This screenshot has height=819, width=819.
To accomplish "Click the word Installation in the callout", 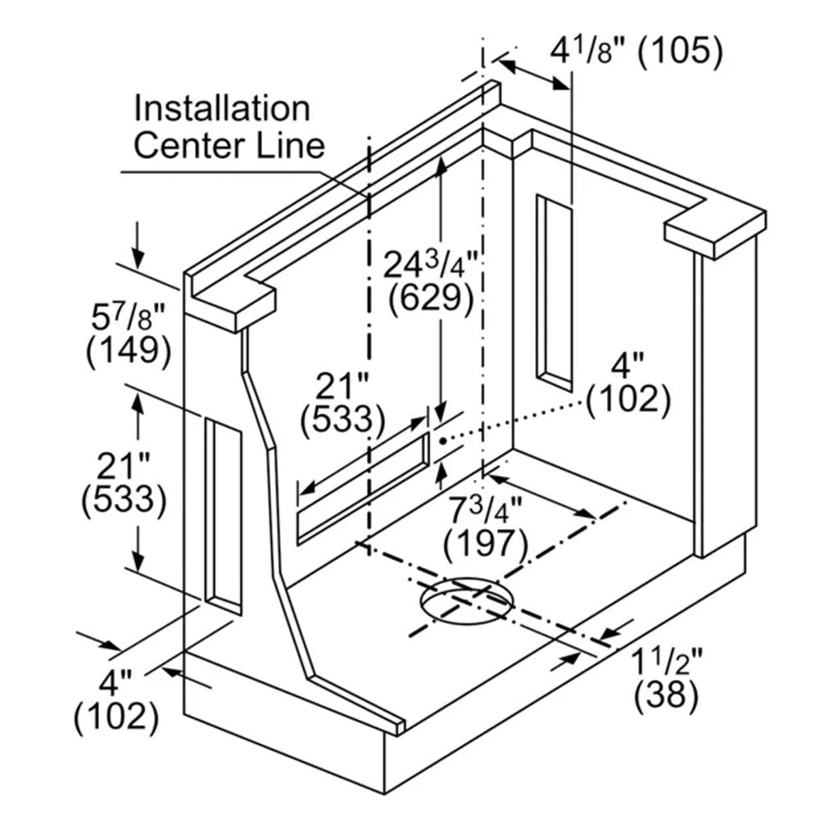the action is [x=222, y=109].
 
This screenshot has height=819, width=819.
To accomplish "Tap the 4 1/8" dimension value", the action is [x=589, y=51].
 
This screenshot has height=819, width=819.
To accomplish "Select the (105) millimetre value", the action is [x=681, y=52].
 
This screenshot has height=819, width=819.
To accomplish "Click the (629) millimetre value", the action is [x=431, y=299].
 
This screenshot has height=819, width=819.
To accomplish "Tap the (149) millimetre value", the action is [x=129, y=351].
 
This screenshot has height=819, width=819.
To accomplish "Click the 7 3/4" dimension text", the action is [x=485, y=509].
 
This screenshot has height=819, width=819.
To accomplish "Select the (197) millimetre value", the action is [x=486, y=544].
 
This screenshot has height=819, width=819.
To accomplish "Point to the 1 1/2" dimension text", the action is [x=667, y=662].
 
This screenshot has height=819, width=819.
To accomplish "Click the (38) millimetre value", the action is [x=667, y=695].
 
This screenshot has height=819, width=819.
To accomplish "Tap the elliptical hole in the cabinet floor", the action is [x=467, y=600].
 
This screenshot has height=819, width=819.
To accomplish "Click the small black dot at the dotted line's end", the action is [x=443, y=441].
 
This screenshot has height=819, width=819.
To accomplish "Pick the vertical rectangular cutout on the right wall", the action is [x=554, y=293].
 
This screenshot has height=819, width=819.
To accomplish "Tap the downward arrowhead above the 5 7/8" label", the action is [x=138, y=259].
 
